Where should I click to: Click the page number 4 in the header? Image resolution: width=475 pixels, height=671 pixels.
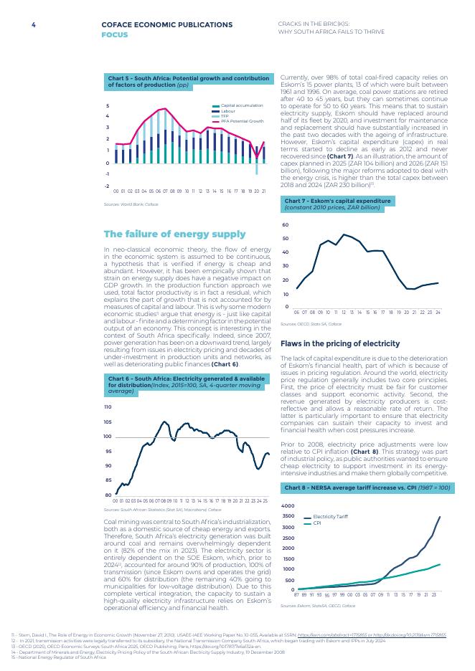pos(33,25)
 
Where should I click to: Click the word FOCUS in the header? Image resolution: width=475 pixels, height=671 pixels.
pos(115,34)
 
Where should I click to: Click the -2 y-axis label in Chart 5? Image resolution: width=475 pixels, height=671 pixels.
pos(107,185)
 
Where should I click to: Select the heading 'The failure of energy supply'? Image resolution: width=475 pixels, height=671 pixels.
pos(174,234)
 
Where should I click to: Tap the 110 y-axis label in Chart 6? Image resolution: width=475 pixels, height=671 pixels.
pos(108,406)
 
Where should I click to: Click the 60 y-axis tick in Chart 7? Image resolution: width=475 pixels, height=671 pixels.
pos(286,225)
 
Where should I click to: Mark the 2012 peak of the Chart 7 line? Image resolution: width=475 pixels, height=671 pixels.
pos(344,234)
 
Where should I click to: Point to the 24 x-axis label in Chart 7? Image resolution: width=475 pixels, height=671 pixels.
pos(437,313)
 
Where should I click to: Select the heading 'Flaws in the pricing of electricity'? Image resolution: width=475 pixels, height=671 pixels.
pos(339,343)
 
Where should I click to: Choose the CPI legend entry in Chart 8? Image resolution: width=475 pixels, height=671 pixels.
pos(316,523)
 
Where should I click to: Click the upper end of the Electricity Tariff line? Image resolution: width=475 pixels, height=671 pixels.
pos(439,517)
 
